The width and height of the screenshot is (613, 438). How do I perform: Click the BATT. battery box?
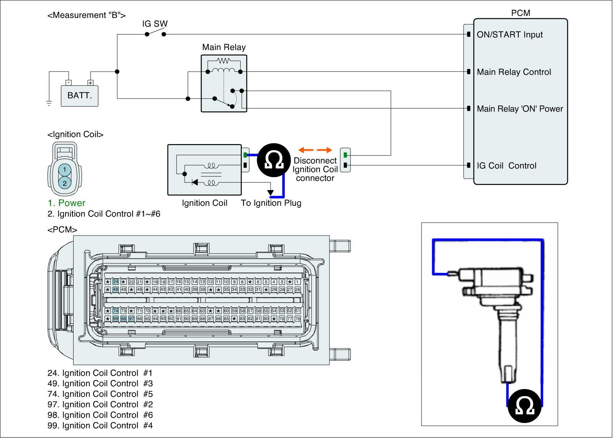pyautogui.click(x=79, y=96)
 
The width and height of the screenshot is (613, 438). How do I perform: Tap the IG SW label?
pyautogui.click(x=155, y=24)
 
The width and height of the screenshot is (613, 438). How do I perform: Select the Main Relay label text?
pyautogui.click(x=224, y=47)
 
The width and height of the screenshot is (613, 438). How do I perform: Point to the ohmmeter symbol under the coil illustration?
pyautogui.click(x=524, y=406)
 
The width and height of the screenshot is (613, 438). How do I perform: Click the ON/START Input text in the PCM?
pyautogui.click(x=510, y=34)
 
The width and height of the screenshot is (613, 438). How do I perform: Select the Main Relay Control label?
pyautogui.click(x=514, y=72)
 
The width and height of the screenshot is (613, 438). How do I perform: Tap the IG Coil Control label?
pyautogui.click(x=506, y=166)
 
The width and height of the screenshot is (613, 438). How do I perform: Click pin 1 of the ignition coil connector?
pyautogui.click(x=65, y=169)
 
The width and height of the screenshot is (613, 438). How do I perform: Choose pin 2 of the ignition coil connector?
pyautogui.click(x=65, y=183)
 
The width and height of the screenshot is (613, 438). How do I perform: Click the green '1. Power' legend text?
pyautogui.click(x=67, y=203)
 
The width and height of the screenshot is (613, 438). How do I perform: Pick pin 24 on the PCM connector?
pyautogui.click(x=115, y=282)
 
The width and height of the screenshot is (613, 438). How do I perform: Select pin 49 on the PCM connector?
pyautogui.click(x=115, y=289)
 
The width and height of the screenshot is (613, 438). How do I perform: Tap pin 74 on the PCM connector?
pyautogui.click(x=115, y=311)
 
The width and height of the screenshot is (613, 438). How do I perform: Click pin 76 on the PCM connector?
pyautogui.click(x=297, y=319)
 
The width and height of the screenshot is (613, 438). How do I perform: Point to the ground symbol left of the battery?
pyautogui.click(x=49, y=103)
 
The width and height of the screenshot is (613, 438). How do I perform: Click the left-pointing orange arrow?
pyautogui.click(x=306, y=150)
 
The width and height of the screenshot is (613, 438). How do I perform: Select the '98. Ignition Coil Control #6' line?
pyautogui.click(x=100, y=415)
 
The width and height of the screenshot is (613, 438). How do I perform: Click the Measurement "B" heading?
pyautogui.click(x=87, y=15)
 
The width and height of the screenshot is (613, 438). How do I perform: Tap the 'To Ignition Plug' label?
pyautogui.click(x=271, y=203)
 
